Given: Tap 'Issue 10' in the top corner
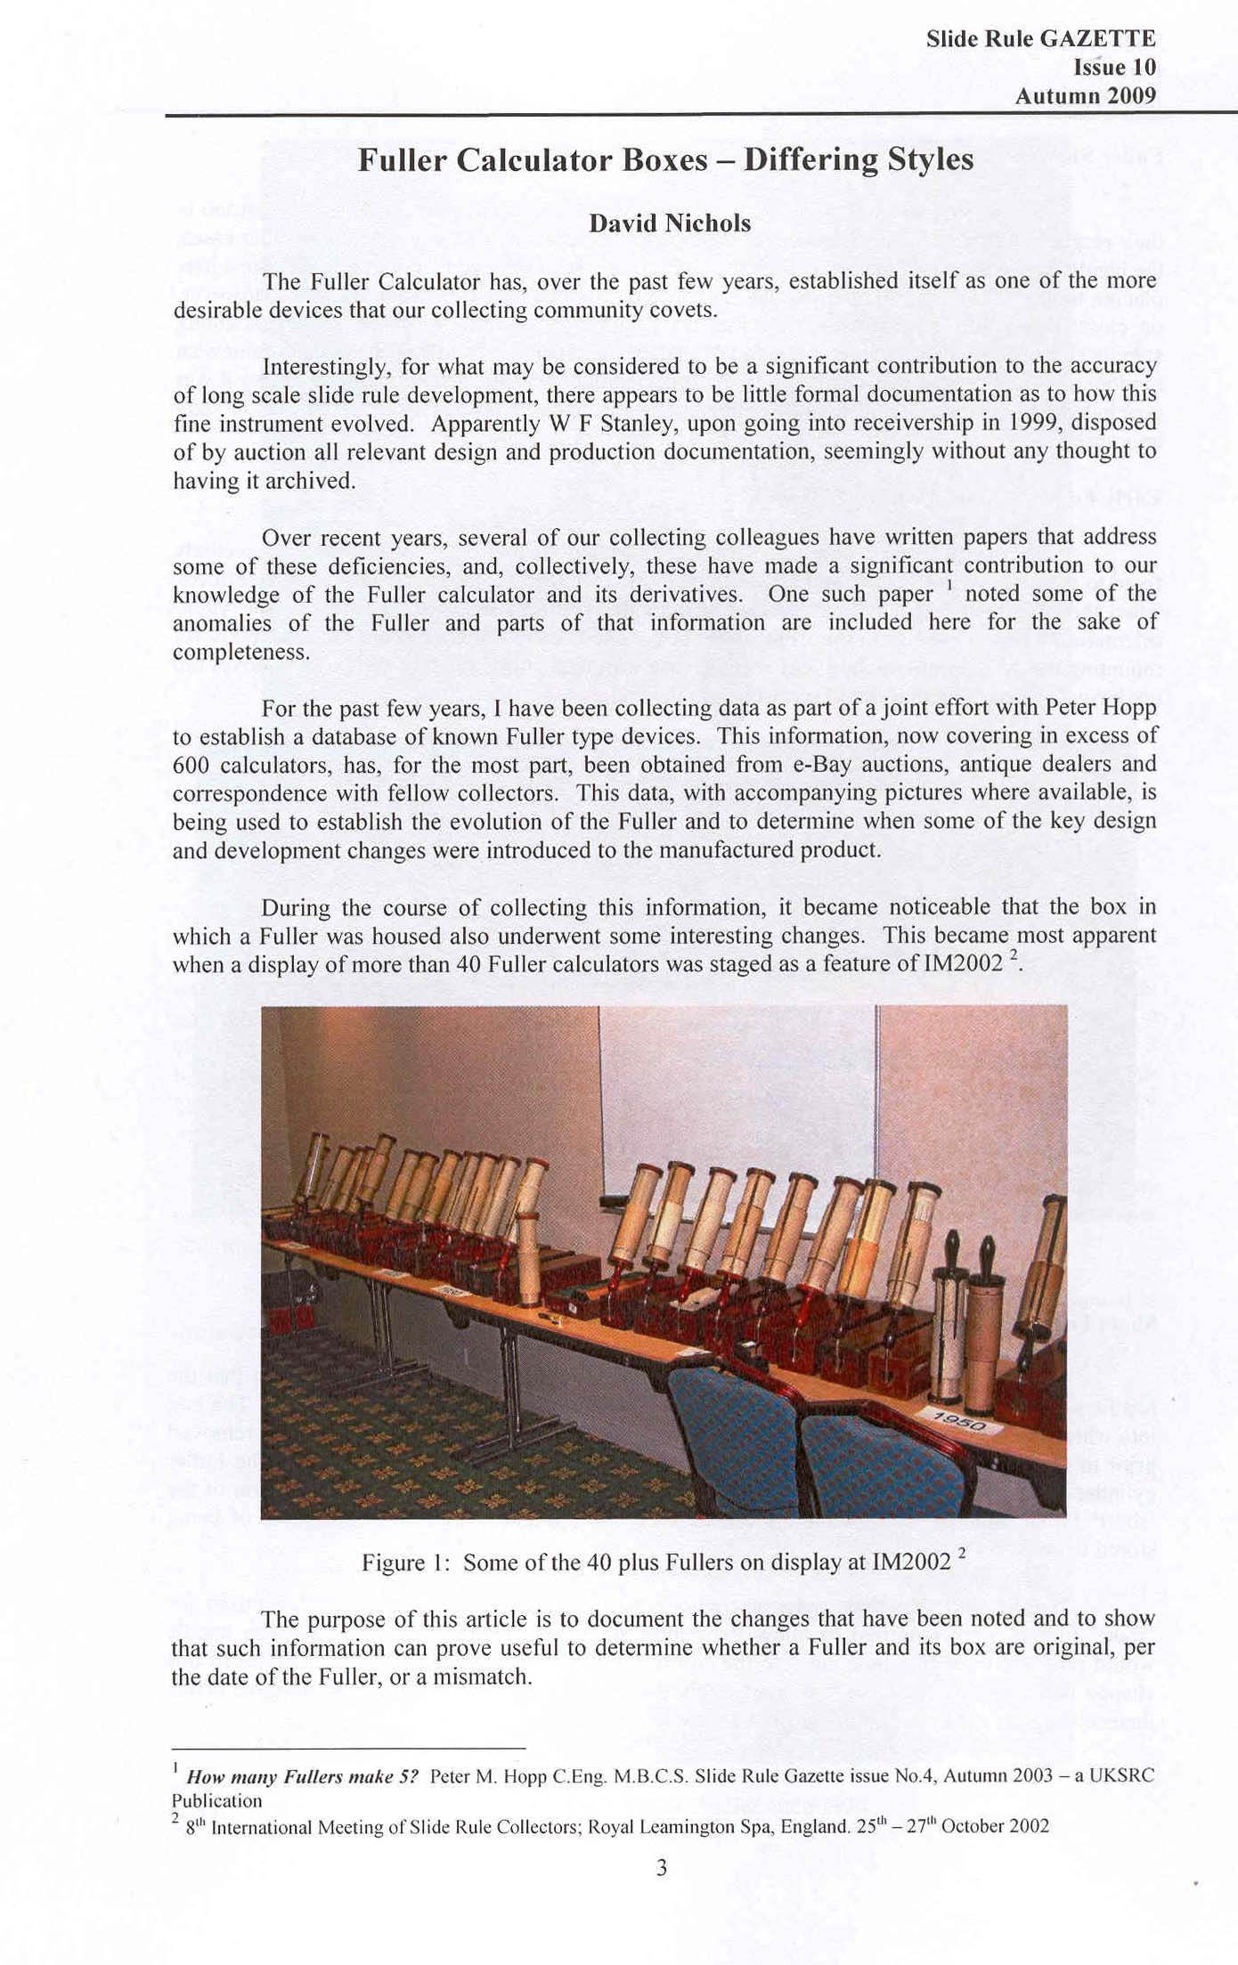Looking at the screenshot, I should click(x=1114, y=68).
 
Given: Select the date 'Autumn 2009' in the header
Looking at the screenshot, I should click(x=1085, y=95).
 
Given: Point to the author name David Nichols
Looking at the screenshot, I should click(x=670, y=223).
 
